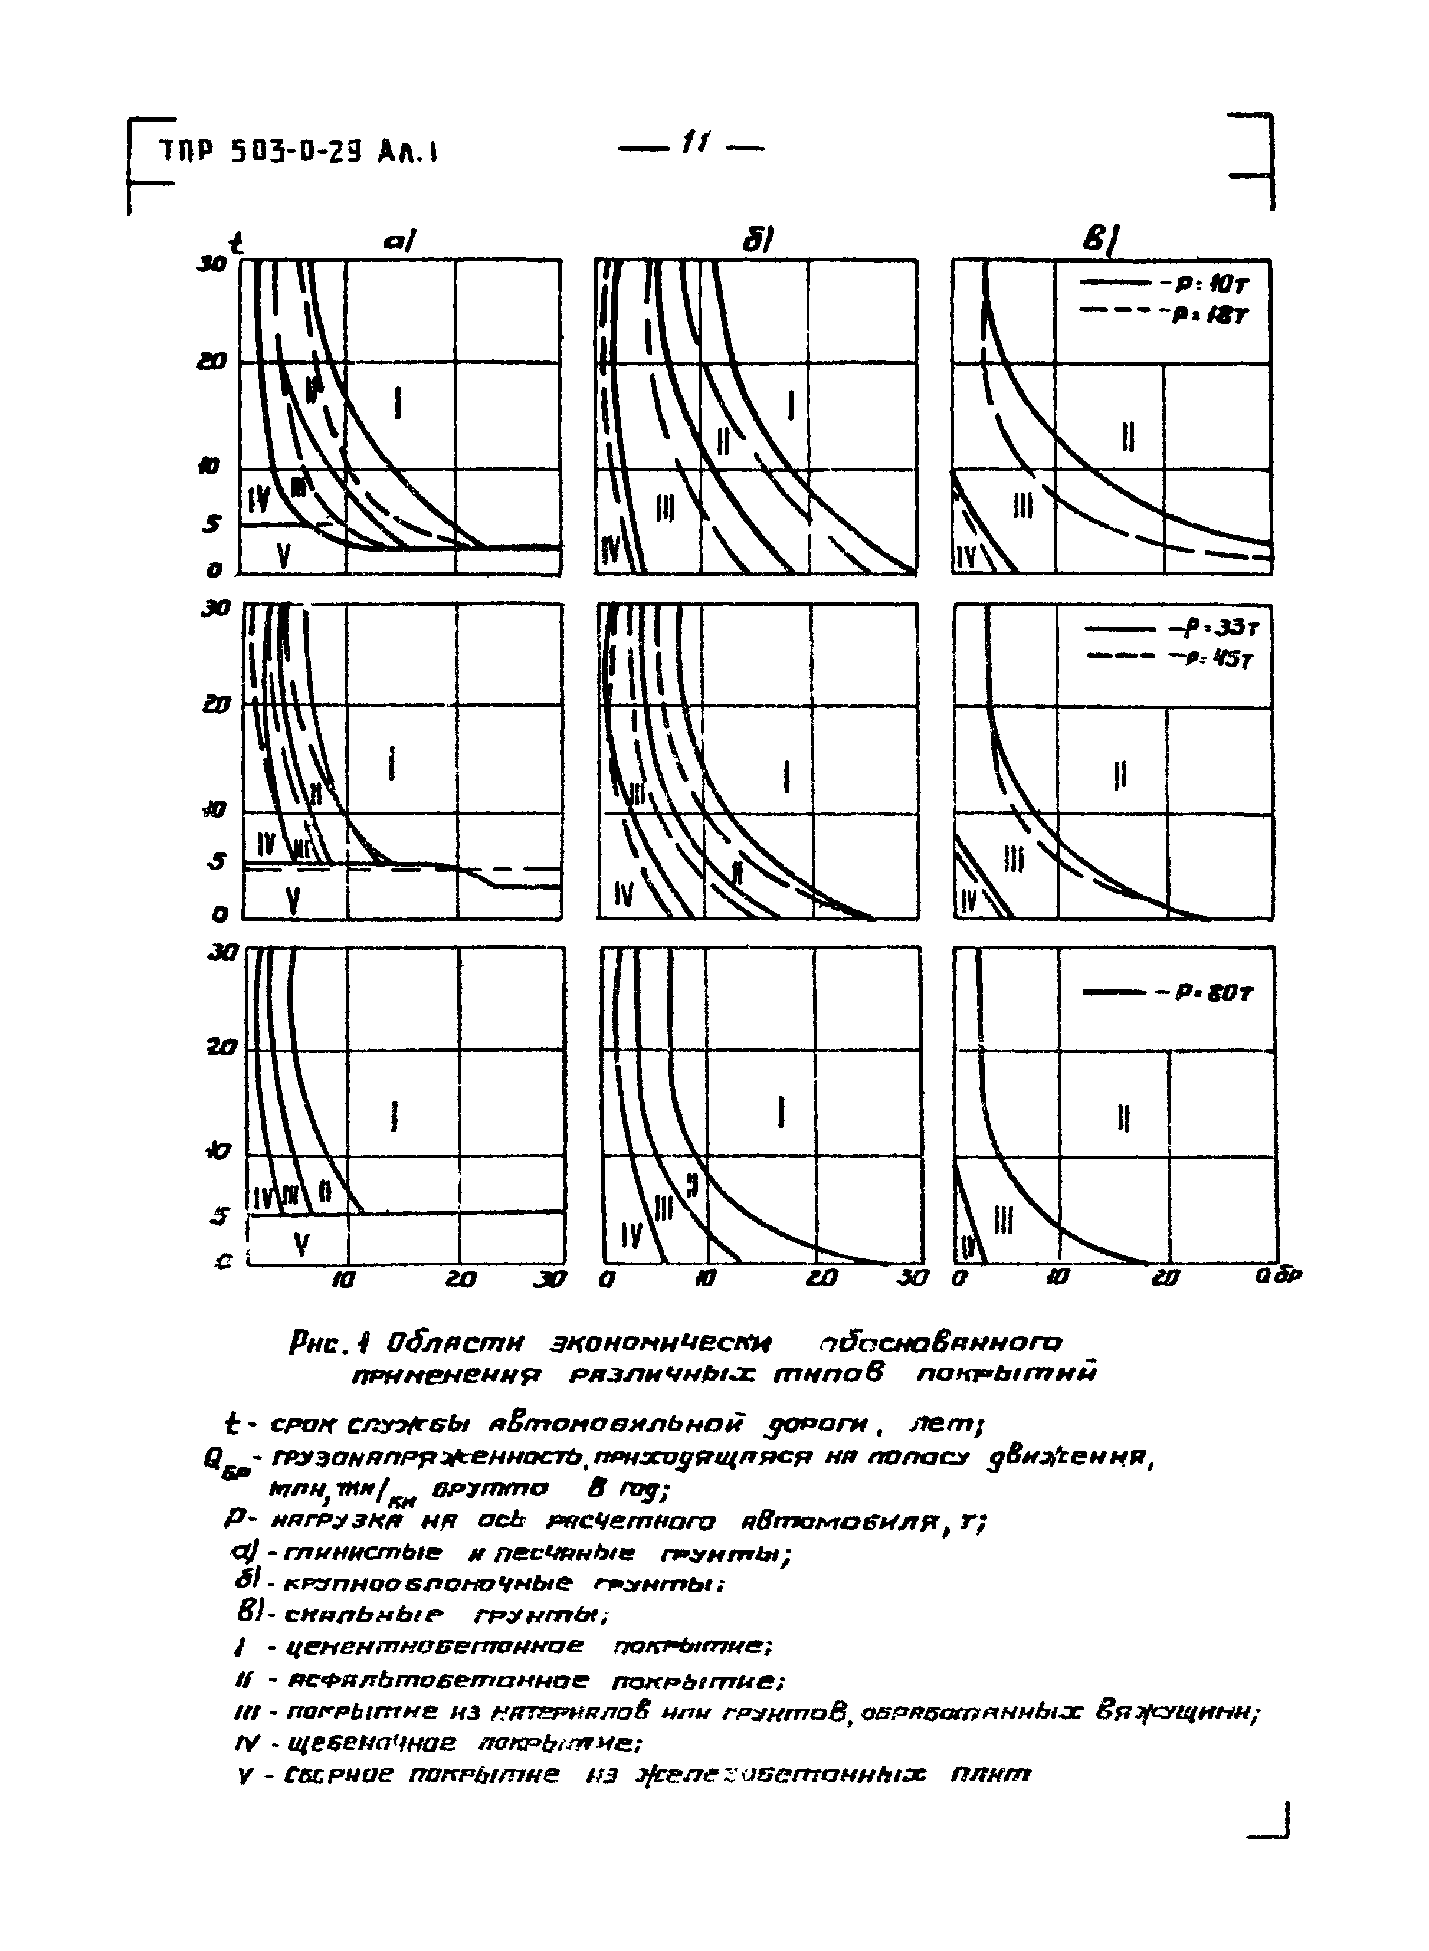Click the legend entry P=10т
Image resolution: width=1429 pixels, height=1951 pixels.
(1161, 283)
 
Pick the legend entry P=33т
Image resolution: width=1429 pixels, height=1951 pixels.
(1163, 629)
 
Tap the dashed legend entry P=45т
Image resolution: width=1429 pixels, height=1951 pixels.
(1163, 658)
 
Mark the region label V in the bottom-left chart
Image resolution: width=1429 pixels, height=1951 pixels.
(300, 1244)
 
